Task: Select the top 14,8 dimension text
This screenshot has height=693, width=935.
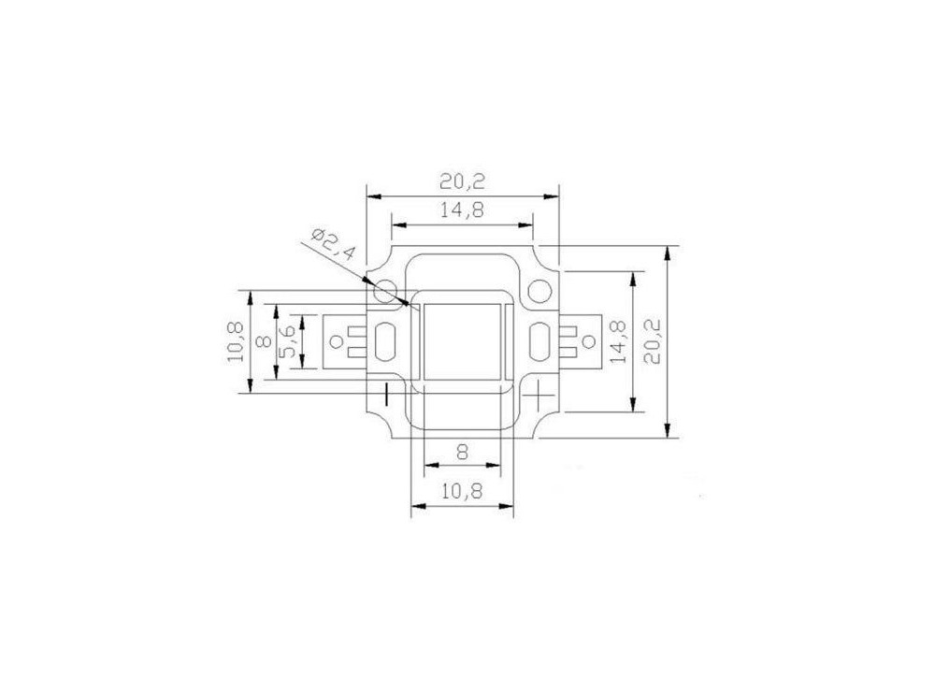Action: click(x=462, y=211)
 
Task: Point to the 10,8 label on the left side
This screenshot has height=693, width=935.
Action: click(x=235, y=341)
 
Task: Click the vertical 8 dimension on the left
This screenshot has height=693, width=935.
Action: click(x=263, y=341)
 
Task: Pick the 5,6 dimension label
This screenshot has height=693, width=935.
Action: click(x=289, y=341)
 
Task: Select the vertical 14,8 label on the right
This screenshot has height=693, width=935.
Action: click(x=618, y=341)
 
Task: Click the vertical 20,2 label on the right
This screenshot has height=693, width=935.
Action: click(x=654, y=341)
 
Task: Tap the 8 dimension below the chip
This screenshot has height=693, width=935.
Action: click(x=462, y=451)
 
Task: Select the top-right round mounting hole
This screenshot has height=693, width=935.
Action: click(x=539, y=293)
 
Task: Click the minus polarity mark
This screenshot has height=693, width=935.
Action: click(x=384, y=396)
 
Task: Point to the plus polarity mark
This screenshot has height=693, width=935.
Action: click(x=539, y=396)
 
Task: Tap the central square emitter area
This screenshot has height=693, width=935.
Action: click(x=462, y=341)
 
